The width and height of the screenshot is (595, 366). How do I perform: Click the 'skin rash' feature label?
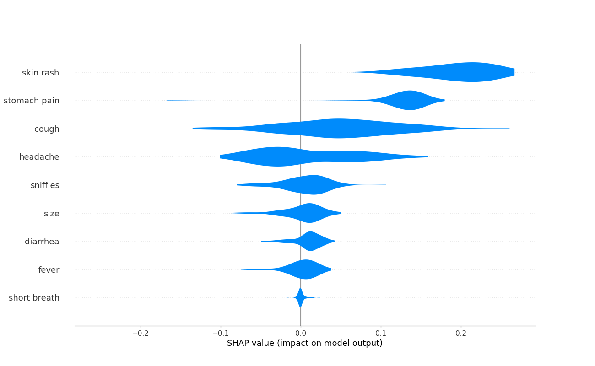tap(40, 72)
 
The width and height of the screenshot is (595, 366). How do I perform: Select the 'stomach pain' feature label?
tap(31, 101)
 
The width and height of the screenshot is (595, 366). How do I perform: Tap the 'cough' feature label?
tap(47, 129)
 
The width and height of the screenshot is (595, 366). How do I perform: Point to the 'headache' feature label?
tap(39, 157)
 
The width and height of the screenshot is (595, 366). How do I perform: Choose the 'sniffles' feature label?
tap(45, 185)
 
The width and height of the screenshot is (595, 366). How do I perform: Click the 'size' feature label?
tap(52, 214)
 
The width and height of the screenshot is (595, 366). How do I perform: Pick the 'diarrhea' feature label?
tap(42, 242)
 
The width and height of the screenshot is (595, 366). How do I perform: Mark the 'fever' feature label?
tap(49, 270)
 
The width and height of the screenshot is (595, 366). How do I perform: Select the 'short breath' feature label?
tap(34, 298)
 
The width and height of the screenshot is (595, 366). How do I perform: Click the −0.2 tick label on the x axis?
tap(141, 334)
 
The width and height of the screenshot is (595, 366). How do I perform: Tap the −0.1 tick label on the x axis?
tap(221, 334)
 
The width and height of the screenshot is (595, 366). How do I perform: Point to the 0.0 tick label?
tap(301, 334)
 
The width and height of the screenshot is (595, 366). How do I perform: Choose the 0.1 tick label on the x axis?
tap(381, 334)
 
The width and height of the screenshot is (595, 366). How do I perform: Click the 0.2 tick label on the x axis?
tap(461, 334)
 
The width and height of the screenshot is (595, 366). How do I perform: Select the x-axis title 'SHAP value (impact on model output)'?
tap(305, 343)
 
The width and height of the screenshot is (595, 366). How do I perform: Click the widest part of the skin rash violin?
tap(472, 72)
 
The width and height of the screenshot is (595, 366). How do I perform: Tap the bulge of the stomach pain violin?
tap(410, 100)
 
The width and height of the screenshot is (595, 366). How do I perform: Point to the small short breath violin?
tap(300, 297)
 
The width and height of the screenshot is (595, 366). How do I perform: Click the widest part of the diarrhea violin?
tap(310, 241)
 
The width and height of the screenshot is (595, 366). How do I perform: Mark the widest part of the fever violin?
tap(306, 269)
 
